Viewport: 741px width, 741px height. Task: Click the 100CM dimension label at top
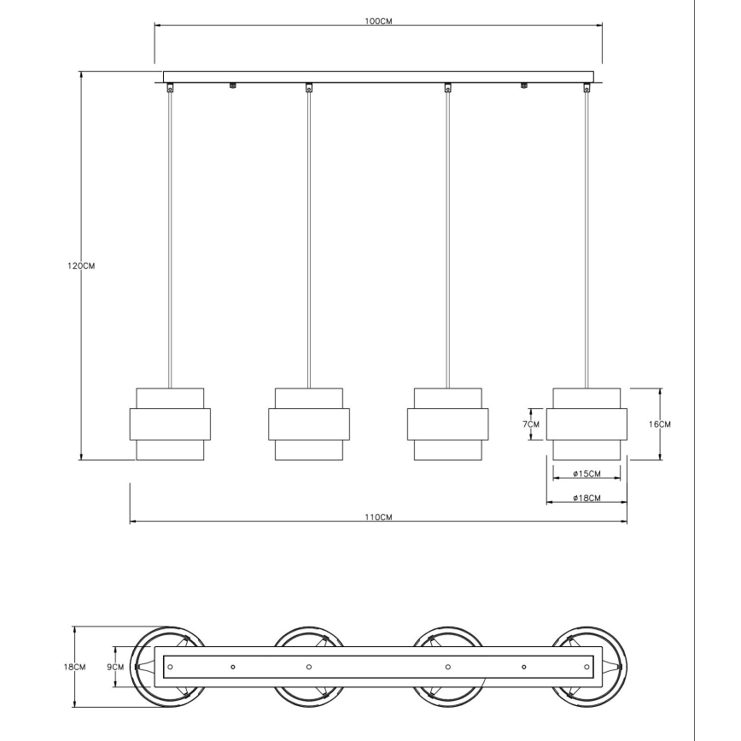click(x=378, y=21)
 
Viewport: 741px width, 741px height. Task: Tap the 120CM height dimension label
click(x=81, y=266)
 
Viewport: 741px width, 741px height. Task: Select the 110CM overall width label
click(x=378, y=517)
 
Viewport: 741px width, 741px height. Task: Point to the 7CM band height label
click(x=531, y=424)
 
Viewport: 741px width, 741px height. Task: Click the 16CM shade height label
click(x=659, y=424)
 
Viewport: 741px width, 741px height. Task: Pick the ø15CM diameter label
click(x=586, y=474)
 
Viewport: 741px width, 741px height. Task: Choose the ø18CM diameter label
click(x=586, y=498)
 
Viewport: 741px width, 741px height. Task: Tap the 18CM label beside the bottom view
click(x=74, y=668)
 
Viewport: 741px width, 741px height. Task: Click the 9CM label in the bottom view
click(x=115, y=668)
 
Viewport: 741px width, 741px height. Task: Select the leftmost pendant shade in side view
click(x=170, y=424)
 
